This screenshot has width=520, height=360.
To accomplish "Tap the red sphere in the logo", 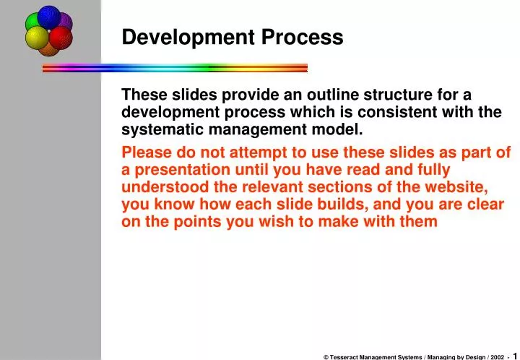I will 60,38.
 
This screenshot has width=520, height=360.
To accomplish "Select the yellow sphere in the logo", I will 37,38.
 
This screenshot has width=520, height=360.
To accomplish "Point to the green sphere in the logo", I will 34,23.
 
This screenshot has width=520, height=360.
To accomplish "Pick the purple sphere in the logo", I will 64,22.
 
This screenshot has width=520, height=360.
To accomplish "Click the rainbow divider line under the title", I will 175,68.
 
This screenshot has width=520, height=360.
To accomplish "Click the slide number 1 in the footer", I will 516,356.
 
